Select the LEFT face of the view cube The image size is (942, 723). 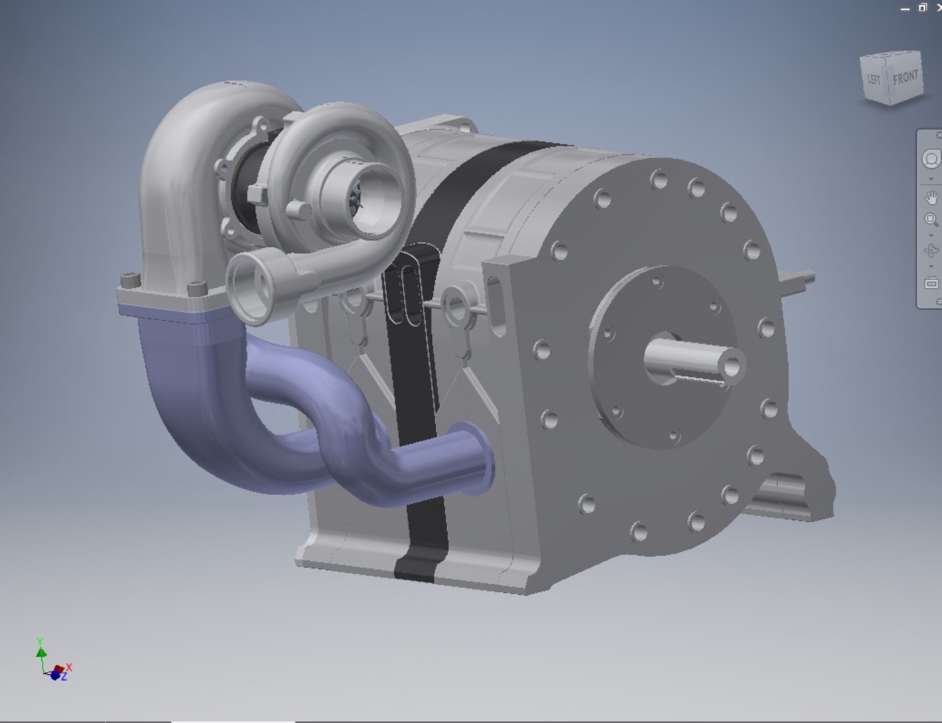874,80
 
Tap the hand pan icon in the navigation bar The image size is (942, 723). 931,197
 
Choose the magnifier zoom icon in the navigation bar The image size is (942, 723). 931,220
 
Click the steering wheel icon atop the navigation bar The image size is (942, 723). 931,159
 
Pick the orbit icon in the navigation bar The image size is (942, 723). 931,251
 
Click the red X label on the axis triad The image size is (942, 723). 69,667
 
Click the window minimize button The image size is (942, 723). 905,8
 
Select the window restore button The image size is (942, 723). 923,7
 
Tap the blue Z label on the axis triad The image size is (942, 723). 64,677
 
